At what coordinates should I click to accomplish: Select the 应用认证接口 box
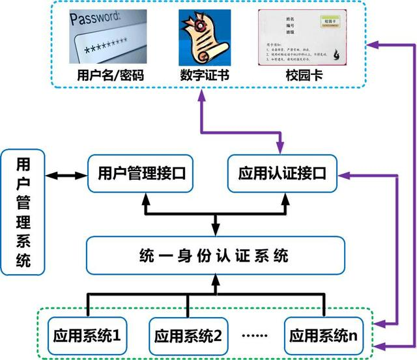coord(281,173)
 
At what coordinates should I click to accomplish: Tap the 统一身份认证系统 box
coord(215,255)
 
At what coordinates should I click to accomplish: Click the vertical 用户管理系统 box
coord(23,212)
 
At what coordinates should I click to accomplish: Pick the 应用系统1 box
coord(88,337)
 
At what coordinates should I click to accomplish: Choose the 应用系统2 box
coord(188,337)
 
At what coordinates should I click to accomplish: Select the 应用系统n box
coord(323,337)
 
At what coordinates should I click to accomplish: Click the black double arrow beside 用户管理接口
coord(67,174)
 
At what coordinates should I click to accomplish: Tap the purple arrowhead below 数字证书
coord(204,93)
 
